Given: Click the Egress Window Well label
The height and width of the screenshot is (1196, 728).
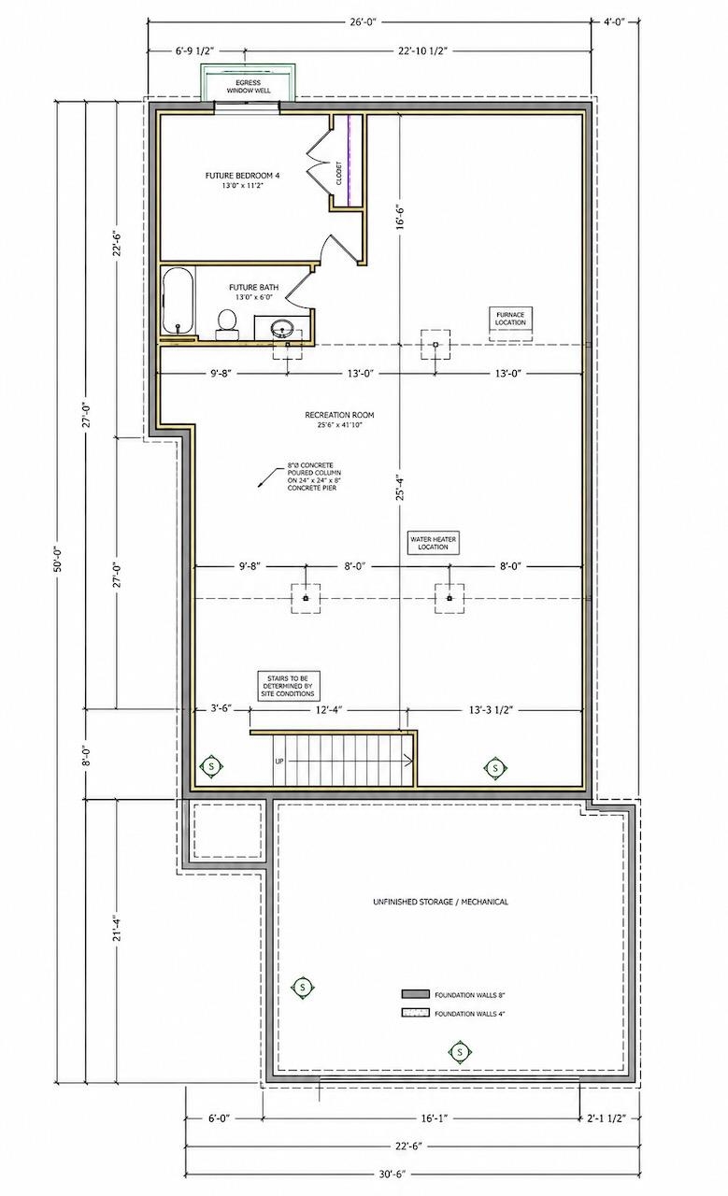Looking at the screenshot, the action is pos(249,87).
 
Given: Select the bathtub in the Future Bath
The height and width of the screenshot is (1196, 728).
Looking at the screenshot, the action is pos(177,301).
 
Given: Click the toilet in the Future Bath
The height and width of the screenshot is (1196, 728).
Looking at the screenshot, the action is pos(227,324).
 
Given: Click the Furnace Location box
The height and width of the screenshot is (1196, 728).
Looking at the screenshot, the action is pos(510,319).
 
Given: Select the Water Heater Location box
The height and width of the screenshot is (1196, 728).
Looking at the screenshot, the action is pos(434,543).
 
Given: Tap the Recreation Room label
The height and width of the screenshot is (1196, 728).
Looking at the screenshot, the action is pos(339,420).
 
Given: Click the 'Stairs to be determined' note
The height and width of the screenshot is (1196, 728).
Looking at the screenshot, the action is pos(288,686).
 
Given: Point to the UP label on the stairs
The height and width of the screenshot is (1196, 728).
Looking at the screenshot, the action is pos(279,762).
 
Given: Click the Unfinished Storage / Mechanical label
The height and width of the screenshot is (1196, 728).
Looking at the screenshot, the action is pos(441,902).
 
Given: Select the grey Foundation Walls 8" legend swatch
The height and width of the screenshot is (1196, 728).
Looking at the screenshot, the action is pos(416,994).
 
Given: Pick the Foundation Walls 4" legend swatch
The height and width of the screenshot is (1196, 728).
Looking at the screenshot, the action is pos(416,1013).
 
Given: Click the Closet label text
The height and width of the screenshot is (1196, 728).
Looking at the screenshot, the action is pos(338,174).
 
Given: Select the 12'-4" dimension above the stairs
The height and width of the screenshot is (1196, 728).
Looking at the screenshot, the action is pos(328,709).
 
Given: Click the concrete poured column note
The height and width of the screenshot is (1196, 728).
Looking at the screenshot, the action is pos(314,477).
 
